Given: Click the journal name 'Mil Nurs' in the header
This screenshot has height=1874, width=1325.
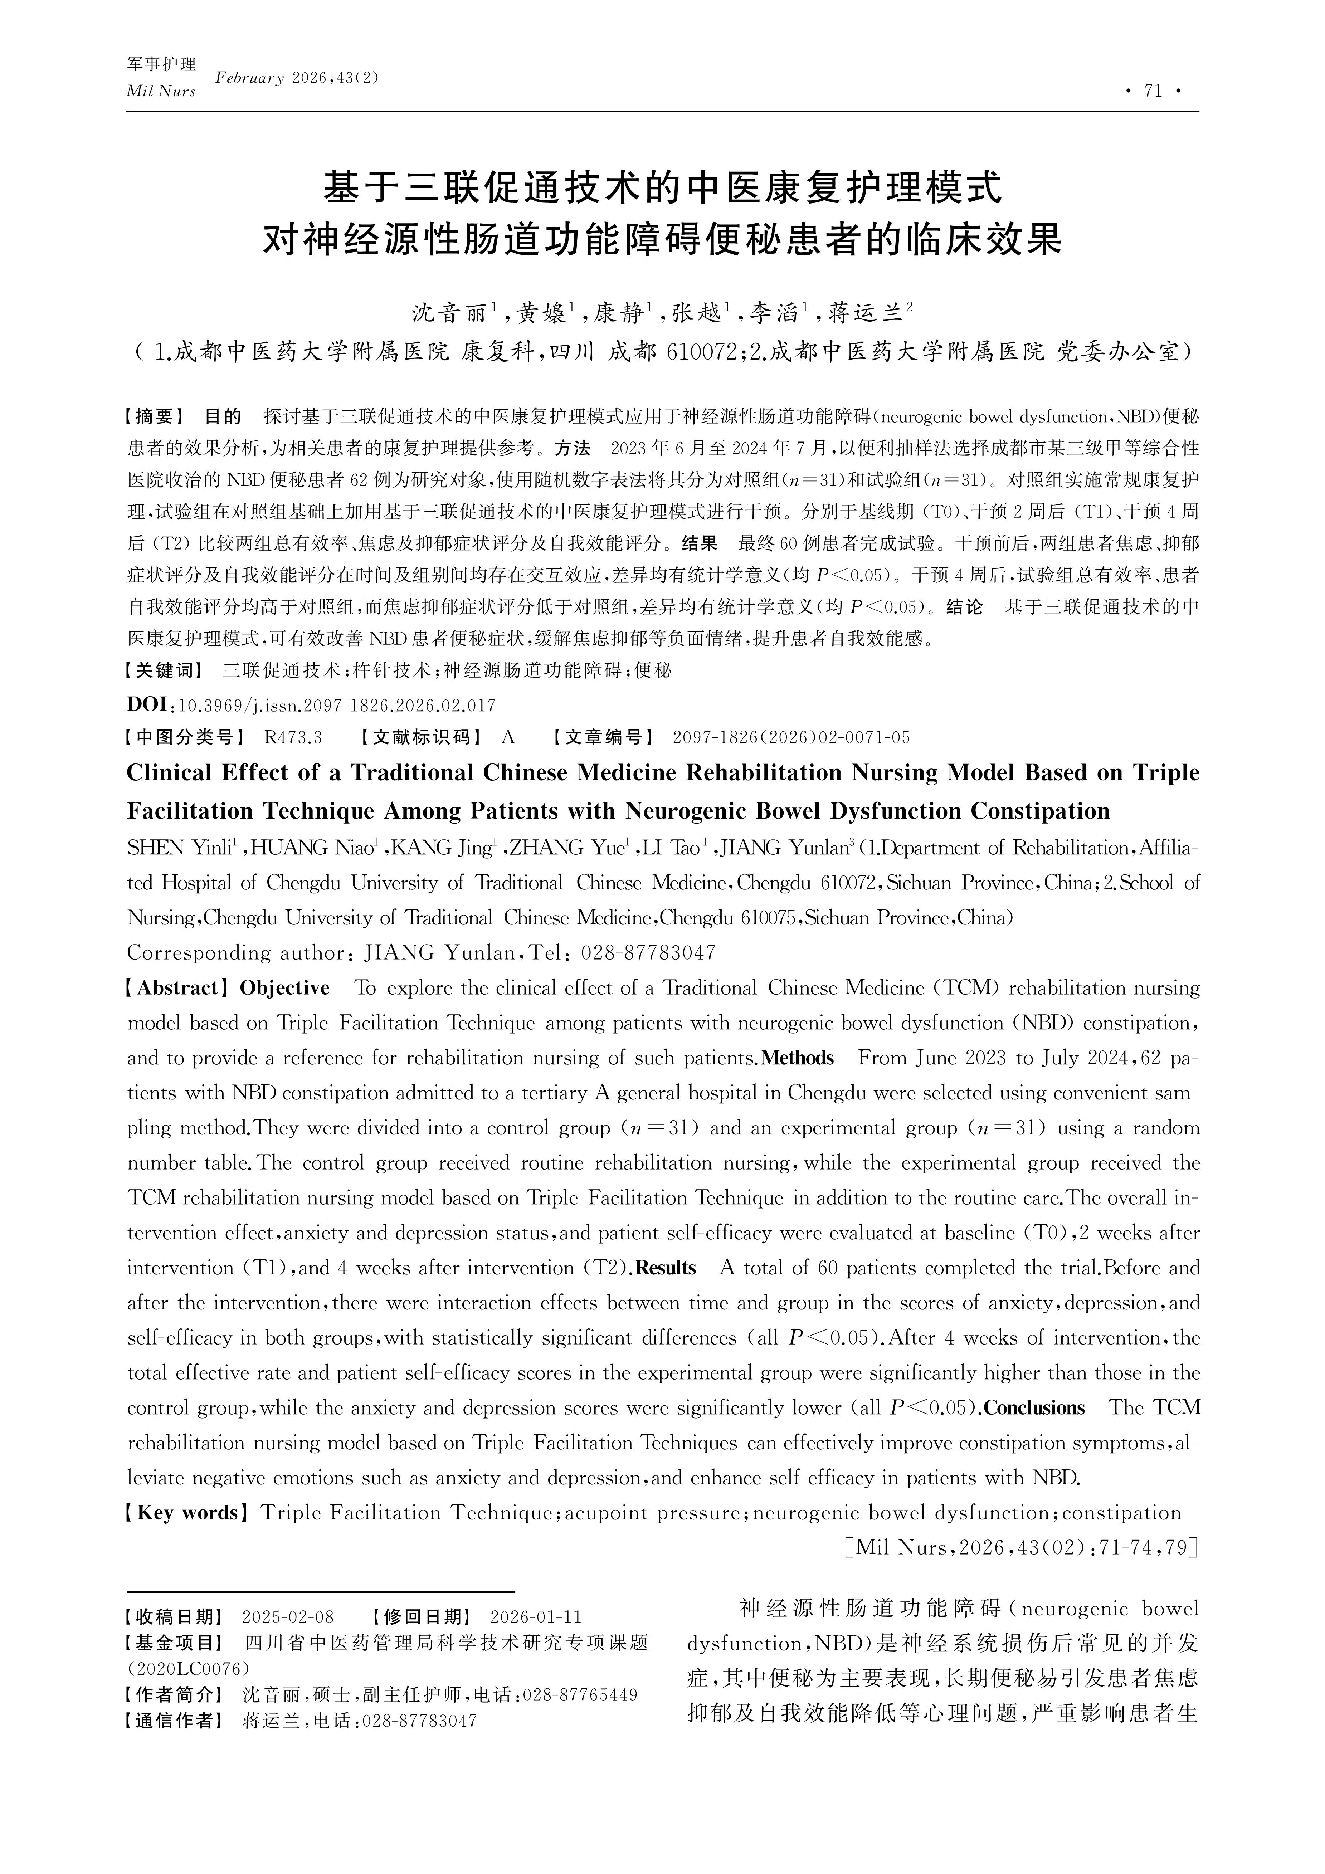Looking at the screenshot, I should [161, 92].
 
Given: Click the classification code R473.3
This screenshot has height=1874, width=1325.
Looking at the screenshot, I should [293, 738].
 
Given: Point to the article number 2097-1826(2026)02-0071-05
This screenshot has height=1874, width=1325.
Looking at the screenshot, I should [790, 738].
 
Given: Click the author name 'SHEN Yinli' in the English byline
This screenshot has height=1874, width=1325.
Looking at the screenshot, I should [179, 849].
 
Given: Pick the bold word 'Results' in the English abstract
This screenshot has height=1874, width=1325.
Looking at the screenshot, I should [665, 1268].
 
